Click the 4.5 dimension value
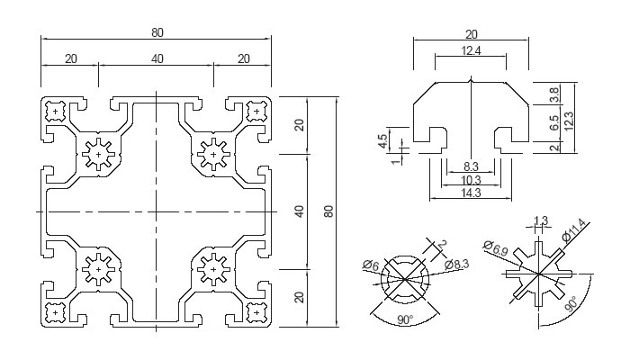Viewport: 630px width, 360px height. coord(382,141)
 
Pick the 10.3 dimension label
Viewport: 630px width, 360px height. coord(470,180)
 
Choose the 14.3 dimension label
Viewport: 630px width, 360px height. coord(470,193)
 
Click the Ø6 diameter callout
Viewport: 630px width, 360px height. coord(370,264)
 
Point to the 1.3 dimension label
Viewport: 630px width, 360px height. coord(541,220)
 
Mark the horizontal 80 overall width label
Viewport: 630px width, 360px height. coord(157,32)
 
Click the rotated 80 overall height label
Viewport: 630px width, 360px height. coord(329,211)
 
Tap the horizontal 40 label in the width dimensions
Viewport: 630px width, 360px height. coord(157,58)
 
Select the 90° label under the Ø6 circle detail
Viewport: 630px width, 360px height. coord(403,319)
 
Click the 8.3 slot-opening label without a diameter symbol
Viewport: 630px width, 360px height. coord(470,167)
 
